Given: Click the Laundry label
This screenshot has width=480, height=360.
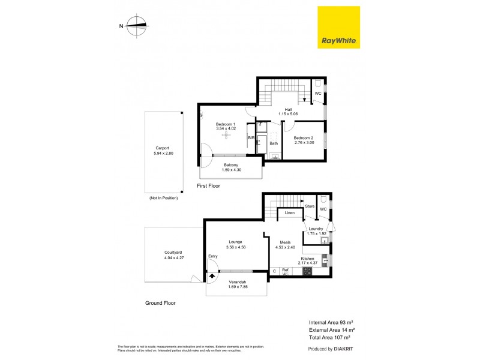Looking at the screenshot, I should pos(316,229).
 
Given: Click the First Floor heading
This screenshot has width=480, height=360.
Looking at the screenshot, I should pos(209,186).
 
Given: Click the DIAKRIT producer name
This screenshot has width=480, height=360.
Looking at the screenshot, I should pos(343,349).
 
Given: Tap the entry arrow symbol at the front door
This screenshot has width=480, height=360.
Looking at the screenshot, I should pos(212,277).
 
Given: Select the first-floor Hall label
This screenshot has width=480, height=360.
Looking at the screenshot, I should pos(288,109).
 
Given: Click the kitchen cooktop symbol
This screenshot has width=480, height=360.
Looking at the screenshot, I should pos(307,271).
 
